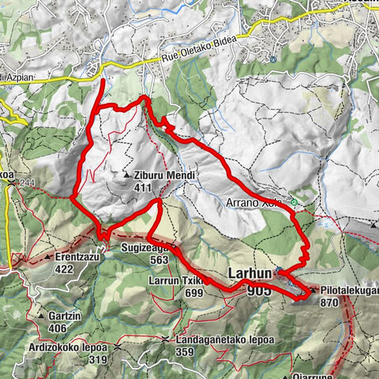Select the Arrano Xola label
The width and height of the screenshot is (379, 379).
click(259, 202)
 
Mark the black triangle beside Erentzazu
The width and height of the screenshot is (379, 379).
click(48, 257)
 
